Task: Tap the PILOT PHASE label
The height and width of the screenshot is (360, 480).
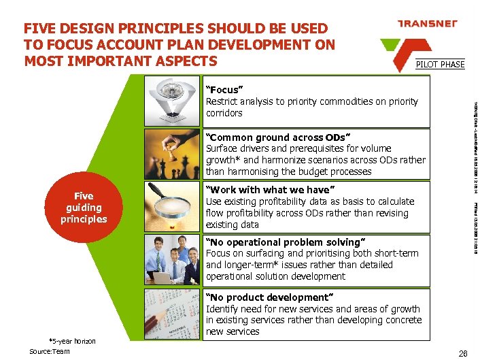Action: (441, 65)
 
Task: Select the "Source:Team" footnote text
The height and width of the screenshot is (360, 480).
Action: (50, 351)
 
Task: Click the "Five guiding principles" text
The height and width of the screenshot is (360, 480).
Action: (84, 208)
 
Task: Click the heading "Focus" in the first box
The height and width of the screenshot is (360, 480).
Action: (224, 90)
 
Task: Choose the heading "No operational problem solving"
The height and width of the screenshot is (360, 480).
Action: (286, 242)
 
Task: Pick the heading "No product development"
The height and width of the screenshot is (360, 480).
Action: (269, 297)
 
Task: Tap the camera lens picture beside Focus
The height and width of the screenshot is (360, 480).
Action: (174, 101)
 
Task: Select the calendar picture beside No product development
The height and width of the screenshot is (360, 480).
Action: (174, 314)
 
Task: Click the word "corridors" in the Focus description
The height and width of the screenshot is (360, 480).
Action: (224, 113)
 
